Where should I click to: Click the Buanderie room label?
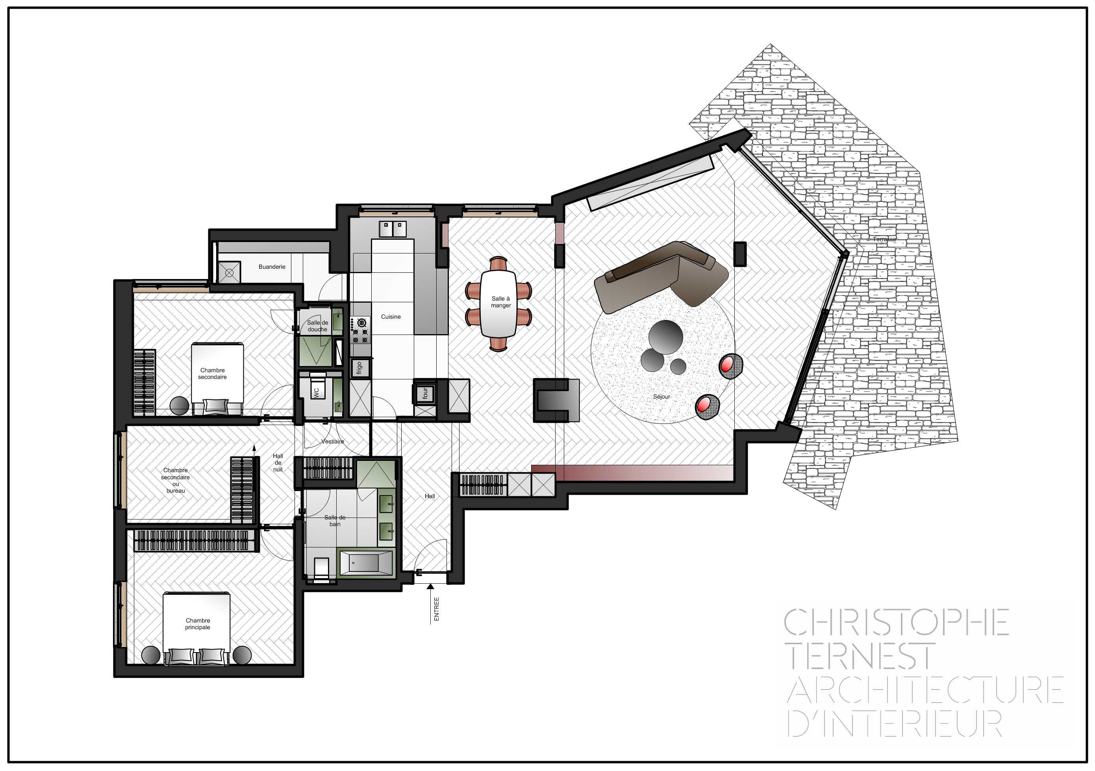tap(272, 266)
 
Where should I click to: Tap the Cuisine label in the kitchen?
tap(391, 316)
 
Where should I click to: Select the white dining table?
tap(498, 304)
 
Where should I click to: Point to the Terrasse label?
tap(884, 239)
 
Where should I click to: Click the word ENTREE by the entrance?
tap(436, 609)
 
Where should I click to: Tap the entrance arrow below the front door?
tap(430, 603)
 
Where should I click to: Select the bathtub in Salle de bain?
tap(365, 563)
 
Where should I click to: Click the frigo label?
tap(359, 368)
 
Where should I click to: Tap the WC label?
tap(316, 392)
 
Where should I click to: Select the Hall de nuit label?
tap(278, 462)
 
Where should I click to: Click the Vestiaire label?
tap(332, 442)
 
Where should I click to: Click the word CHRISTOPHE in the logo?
tap(897, 622)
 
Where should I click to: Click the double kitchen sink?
tap(393, 229)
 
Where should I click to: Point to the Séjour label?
tap(661, 397)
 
